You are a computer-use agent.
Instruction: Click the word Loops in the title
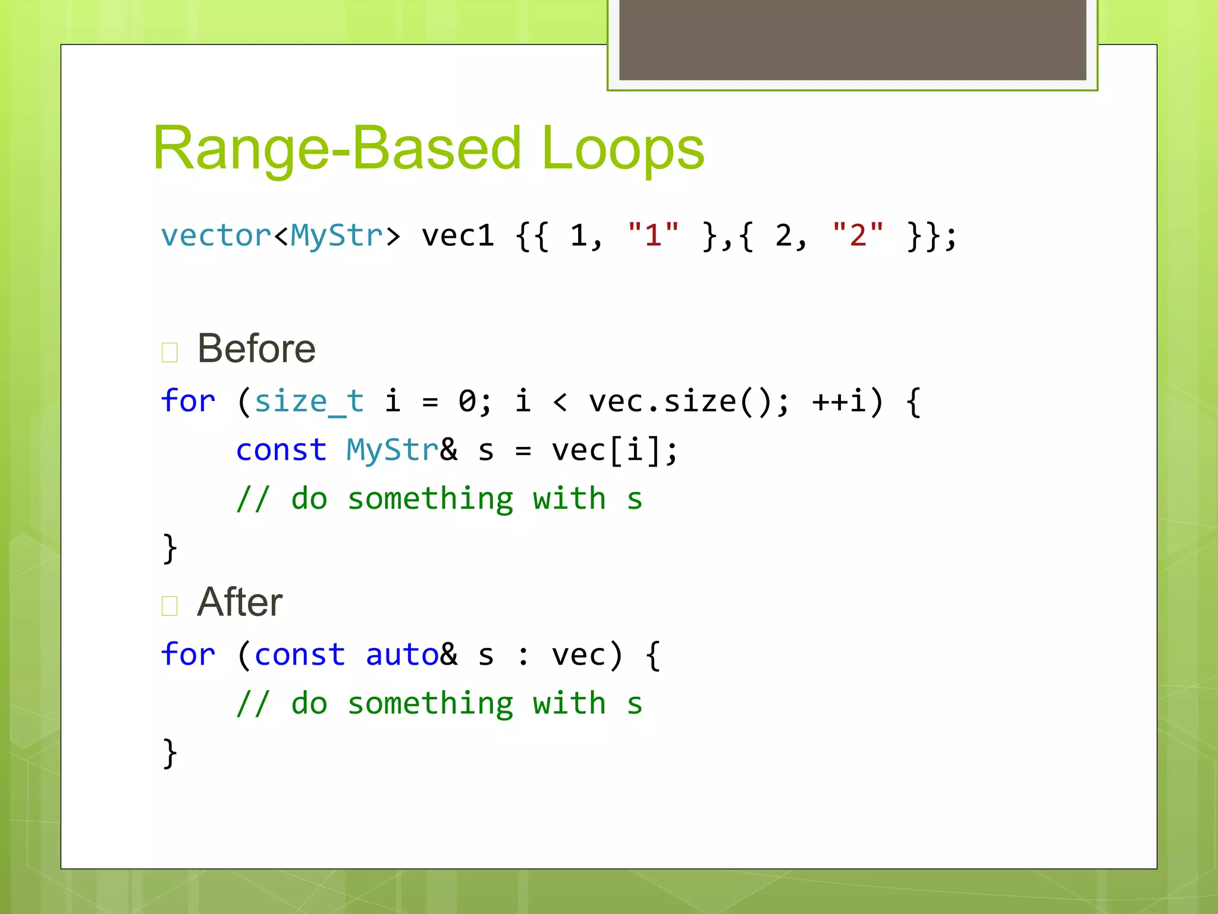[623, 149]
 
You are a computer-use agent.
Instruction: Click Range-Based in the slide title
[337, 149]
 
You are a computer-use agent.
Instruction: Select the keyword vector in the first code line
[216, 236]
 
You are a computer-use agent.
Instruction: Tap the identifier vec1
[457, 236]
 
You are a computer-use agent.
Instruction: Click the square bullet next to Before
[169, 352]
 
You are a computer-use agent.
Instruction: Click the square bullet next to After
[169, 606]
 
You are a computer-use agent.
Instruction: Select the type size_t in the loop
[309, 401]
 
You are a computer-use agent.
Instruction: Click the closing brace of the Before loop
[169, 548]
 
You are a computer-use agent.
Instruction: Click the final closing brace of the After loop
[169, 753]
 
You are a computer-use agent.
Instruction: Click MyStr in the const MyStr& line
[393, 450]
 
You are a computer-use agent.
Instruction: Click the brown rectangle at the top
[852, 39]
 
